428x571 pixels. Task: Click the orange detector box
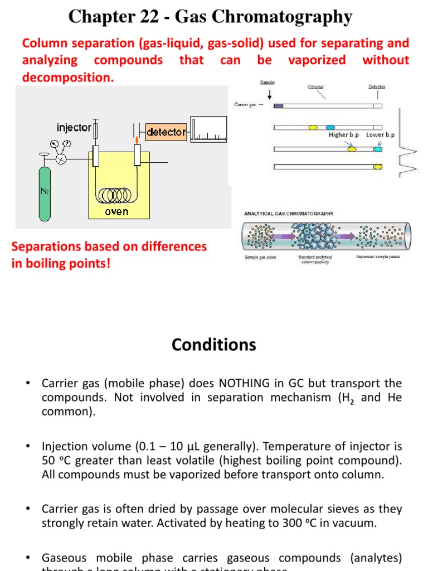click(x=166, y=132)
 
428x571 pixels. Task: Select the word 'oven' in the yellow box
click(x=116, y=211)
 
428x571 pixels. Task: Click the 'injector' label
click(x=74, y=128)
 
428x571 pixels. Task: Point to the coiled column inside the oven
click(x=116, y=195)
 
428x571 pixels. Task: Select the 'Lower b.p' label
click(x=381, y=135)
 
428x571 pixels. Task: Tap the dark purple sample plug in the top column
click(x=279, y=105)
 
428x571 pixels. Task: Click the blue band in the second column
click(x=330, y=128)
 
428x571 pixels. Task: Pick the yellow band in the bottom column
click(x=377, y=166)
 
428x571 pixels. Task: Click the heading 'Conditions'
click(x=214, y=345)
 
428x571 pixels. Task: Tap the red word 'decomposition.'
click(x=68, y=78)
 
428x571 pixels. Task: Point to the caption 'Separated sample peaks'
click(x=378, y=257)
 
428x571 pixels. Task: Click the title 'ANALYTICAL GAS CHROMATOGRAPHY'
click(x=289, y=214)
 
